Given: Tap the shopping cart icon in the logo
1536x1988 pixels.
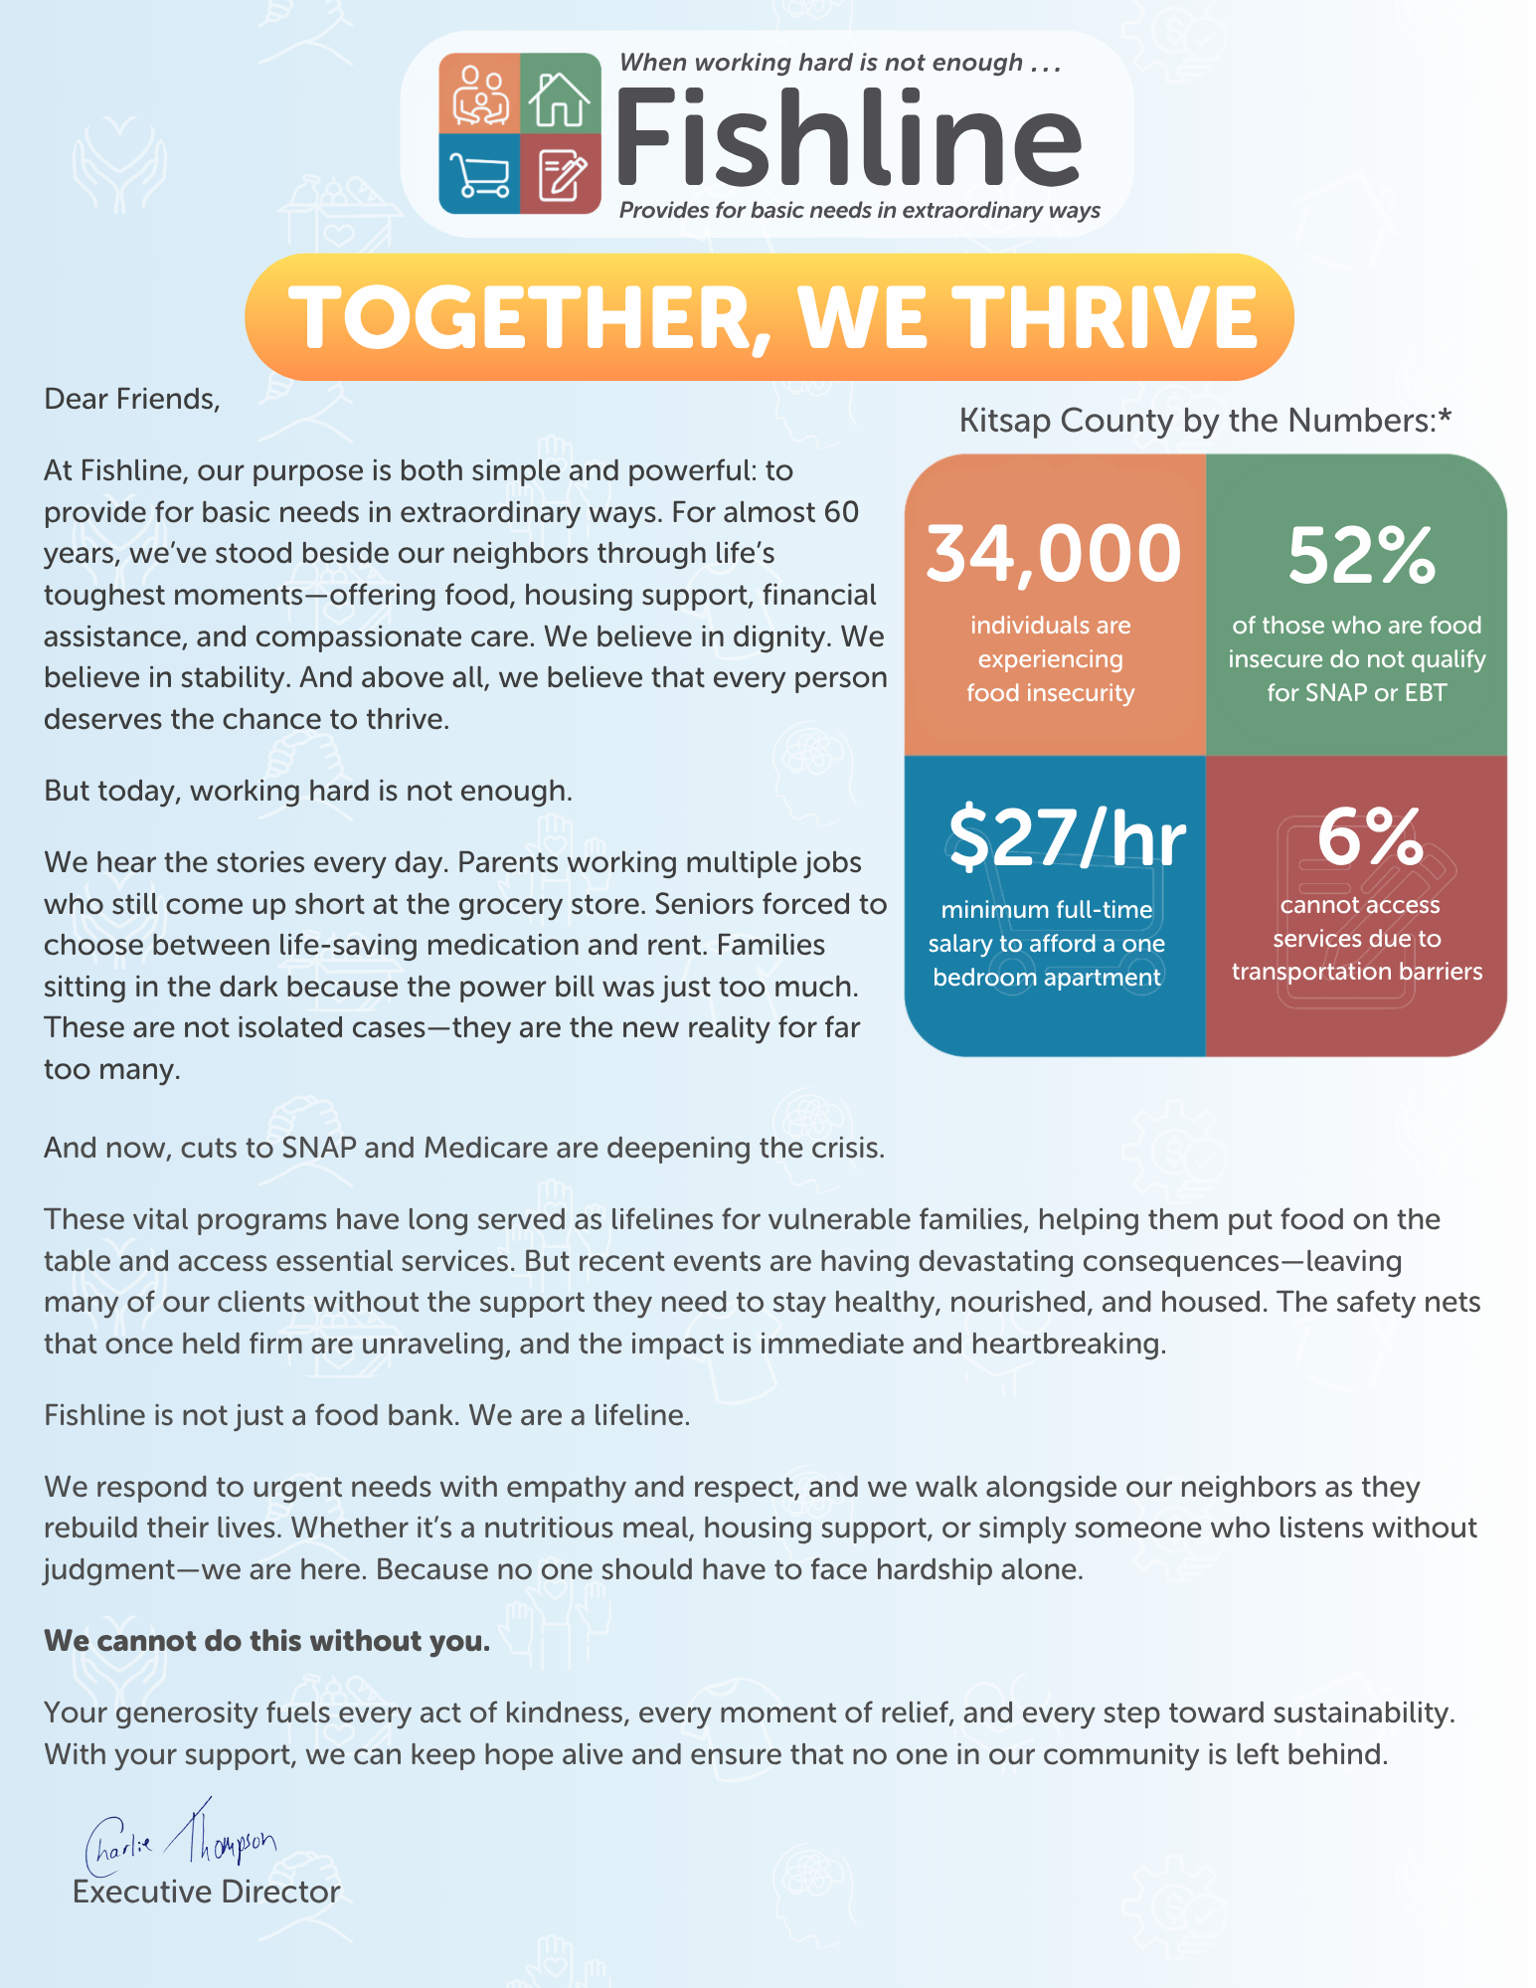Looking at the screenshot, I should pyautogui.click(x=479, y=174).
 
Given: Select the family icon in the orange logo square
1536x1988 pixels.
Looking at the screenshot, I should pyautogui.click(x=480, y=96).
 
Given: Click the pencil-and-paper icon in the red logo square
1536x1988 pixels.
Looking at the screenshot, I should pyautogui.click(x=561, y=175).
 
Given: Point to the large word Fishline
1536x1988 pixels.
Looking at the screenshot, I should pyautogui.click(x=848, y=138).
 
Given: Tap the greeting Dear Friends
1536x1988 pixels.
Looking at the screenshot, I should pyautogui.click(x=131, y=399).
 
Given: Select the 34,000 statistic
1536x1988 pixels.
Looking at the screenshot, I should pyautogui.click(x=1053, y=554).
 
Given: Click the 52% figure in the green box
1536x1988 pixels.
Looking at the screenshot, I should pyautogui.click(x=1361, y=555).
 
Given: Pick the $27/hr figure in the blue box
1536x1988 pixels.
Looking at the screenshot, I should pyautogui.click(x=1066, y=837).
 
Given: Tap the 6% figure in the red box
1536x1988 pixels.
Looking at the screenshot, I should pyautogui.click(x=1369, y=837).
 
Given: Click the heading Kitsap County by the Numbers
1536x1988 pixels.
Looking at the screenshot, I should pyautogui.click(x=1204, y=420).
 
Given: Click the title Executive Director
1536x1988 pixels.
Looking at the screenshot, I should pyautogui.click(x=207, y=1892).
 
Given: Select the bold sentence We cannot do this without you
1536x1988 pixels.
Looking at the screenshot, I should pyautogui.click(x=267, y=1641).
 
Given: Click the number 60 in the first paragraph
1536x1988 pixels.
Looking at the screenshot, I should pyautogui.click(x=841, y=512).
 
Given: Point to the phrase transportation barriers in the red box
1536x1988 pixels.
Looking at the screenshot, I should pyautogui.click(x=1357, y=972).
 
